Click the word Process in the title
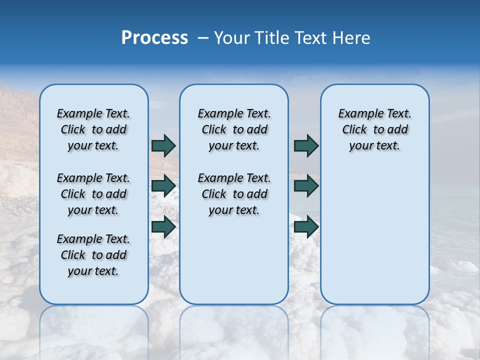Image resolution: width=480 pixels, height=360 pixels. tap(154, 38)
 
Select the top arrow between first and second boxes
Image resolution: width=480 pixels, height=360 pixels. tap(163, 145)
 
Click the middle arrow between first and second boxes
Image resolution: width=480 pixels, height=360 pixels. tap(163, 186)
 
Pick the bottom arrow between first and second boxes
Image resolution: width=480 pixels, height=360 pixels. tap(163, 226)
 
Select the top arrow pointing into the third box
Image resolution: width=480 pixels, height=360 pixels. tap(306, 145)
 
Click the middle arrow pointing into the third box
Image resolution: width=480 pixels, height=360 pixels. tap(306, 186)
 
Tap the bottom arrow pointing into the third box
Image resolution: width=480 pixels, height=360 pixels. tap(306, 226)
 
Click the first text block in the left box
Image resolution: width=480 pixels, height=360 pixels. tap(93, 129)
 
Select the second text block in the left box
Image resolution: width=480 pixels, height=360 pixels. tap(93, 194)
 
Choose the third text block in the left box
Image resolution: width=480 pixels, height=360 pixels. tap(93, 255)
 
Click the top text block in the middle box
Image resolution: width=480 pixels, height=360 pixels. tap(234, 129)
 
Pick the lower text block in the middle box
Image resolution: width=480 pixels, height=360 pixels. tap(234, 194)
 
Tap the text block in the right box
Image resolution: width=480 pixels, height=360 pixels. tap(374, 129)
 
